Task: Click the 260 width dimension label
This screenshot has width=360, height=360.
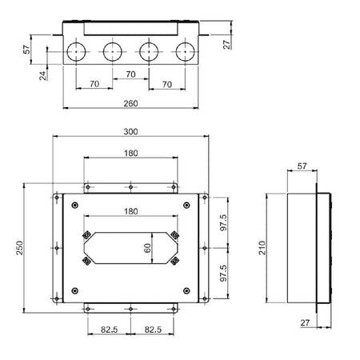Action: [x=130, y=103]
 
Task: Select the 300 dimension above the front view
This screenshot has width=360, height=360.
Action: [x=130, y=131]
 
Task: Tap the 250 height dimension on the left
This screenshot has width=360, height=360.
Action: [x=20, y=248]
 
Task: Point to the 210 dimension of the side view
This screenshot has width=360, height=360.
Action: [x=262, y=248]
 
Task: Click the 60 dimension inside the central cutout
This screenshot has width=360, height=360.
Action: [x=147, y=248]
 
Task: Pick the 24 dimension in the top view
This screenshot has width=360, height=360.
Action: [x=43, y=75]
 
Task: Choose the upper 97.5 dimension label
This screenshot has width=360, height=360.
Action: [x=223, y=222]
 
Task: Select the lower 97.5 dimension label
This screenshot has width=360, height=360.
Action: [x=223, y=273]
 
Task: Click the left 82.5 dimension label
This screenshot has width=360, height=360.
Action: [x=109, y=330]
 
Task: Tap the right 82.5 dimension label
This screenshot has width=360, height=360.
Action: [x=153, y=330]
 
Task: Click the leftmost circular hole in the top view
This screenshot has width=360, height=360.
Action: [x=76, y=52]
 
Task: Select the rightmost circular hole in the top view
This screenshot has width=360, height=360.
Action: [x=186, y=52]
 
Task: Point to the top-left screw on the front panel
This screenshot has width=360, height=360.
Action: [x=75, y=205]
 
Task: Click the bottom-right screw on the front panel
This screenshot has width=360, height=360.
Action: [x=186, y=290]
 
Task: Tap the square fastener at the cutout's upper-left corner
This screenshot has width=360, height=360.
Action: [x=86, y=235]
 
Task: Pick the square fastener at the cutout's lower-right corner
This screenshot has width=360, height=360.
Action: [x=174, y=261]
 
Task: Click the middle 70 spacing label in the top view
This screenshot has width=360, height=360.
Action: [x=130, y=74]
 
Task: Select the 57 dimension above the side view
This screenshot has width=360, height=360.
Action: [x=302, y=166]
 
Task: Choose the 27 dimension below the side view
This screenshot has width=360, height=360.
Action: [x=305, y=322]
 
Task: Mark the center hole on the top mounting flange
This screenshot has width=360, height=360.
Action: [x=130, y=187]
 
